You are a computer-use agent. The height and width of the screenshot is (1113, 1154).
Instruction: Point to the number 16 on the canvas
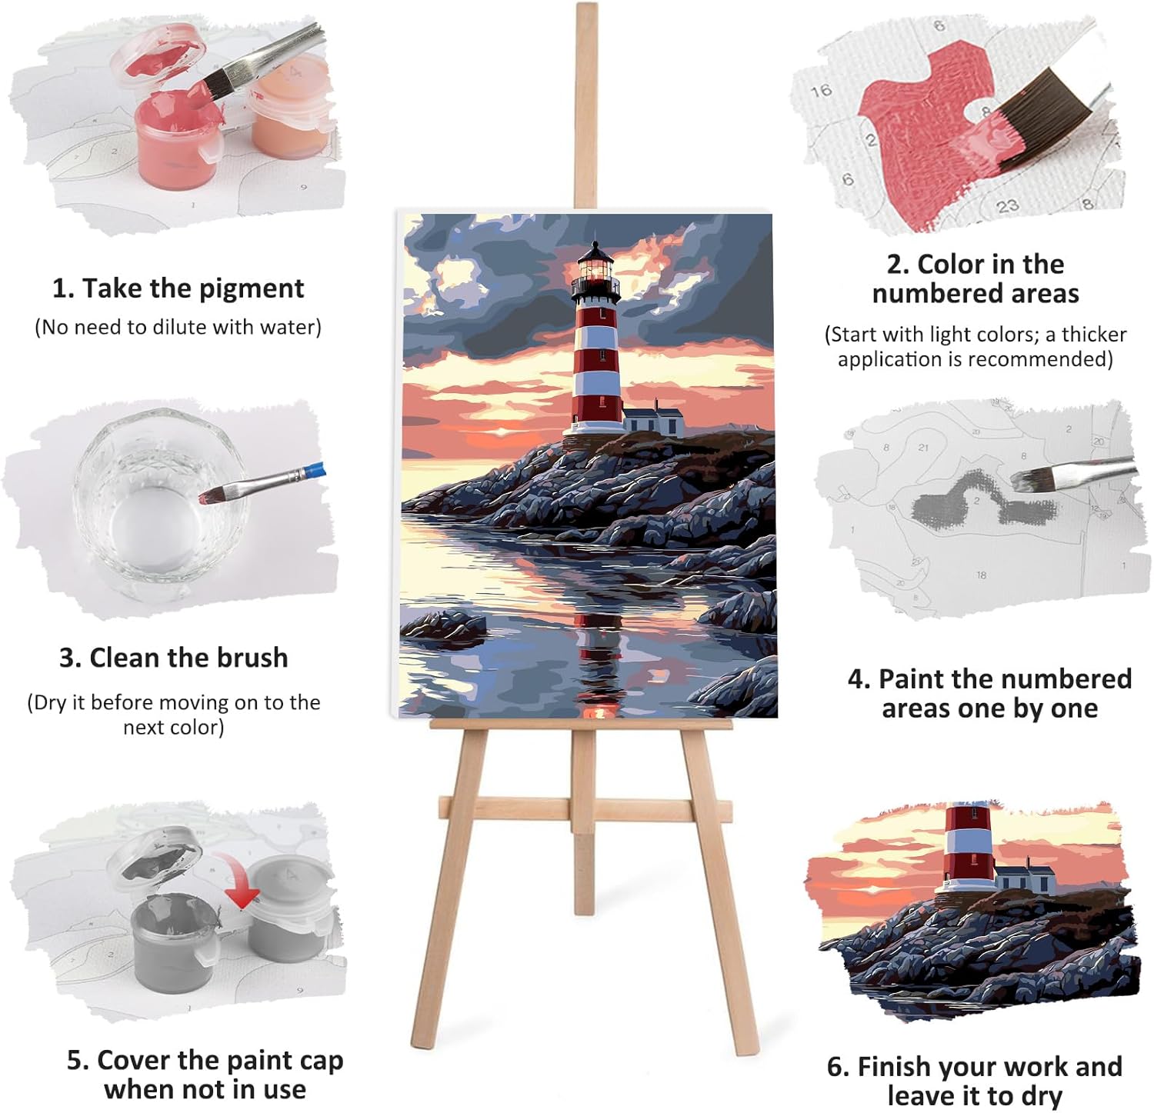point(821,91)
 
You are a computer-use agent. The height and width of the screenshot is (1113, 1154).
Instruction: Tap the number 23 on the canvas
point(1008,205)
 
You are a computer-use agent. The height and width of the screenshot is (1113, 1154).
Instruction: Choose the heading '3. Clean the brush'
point(174,658)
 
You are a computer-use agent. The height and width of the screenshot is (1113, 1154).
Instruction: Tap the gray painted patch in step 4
point(982,501)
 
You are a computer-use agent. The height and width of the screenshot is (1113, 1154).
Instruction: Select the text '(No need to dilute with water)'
point(178,328)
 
